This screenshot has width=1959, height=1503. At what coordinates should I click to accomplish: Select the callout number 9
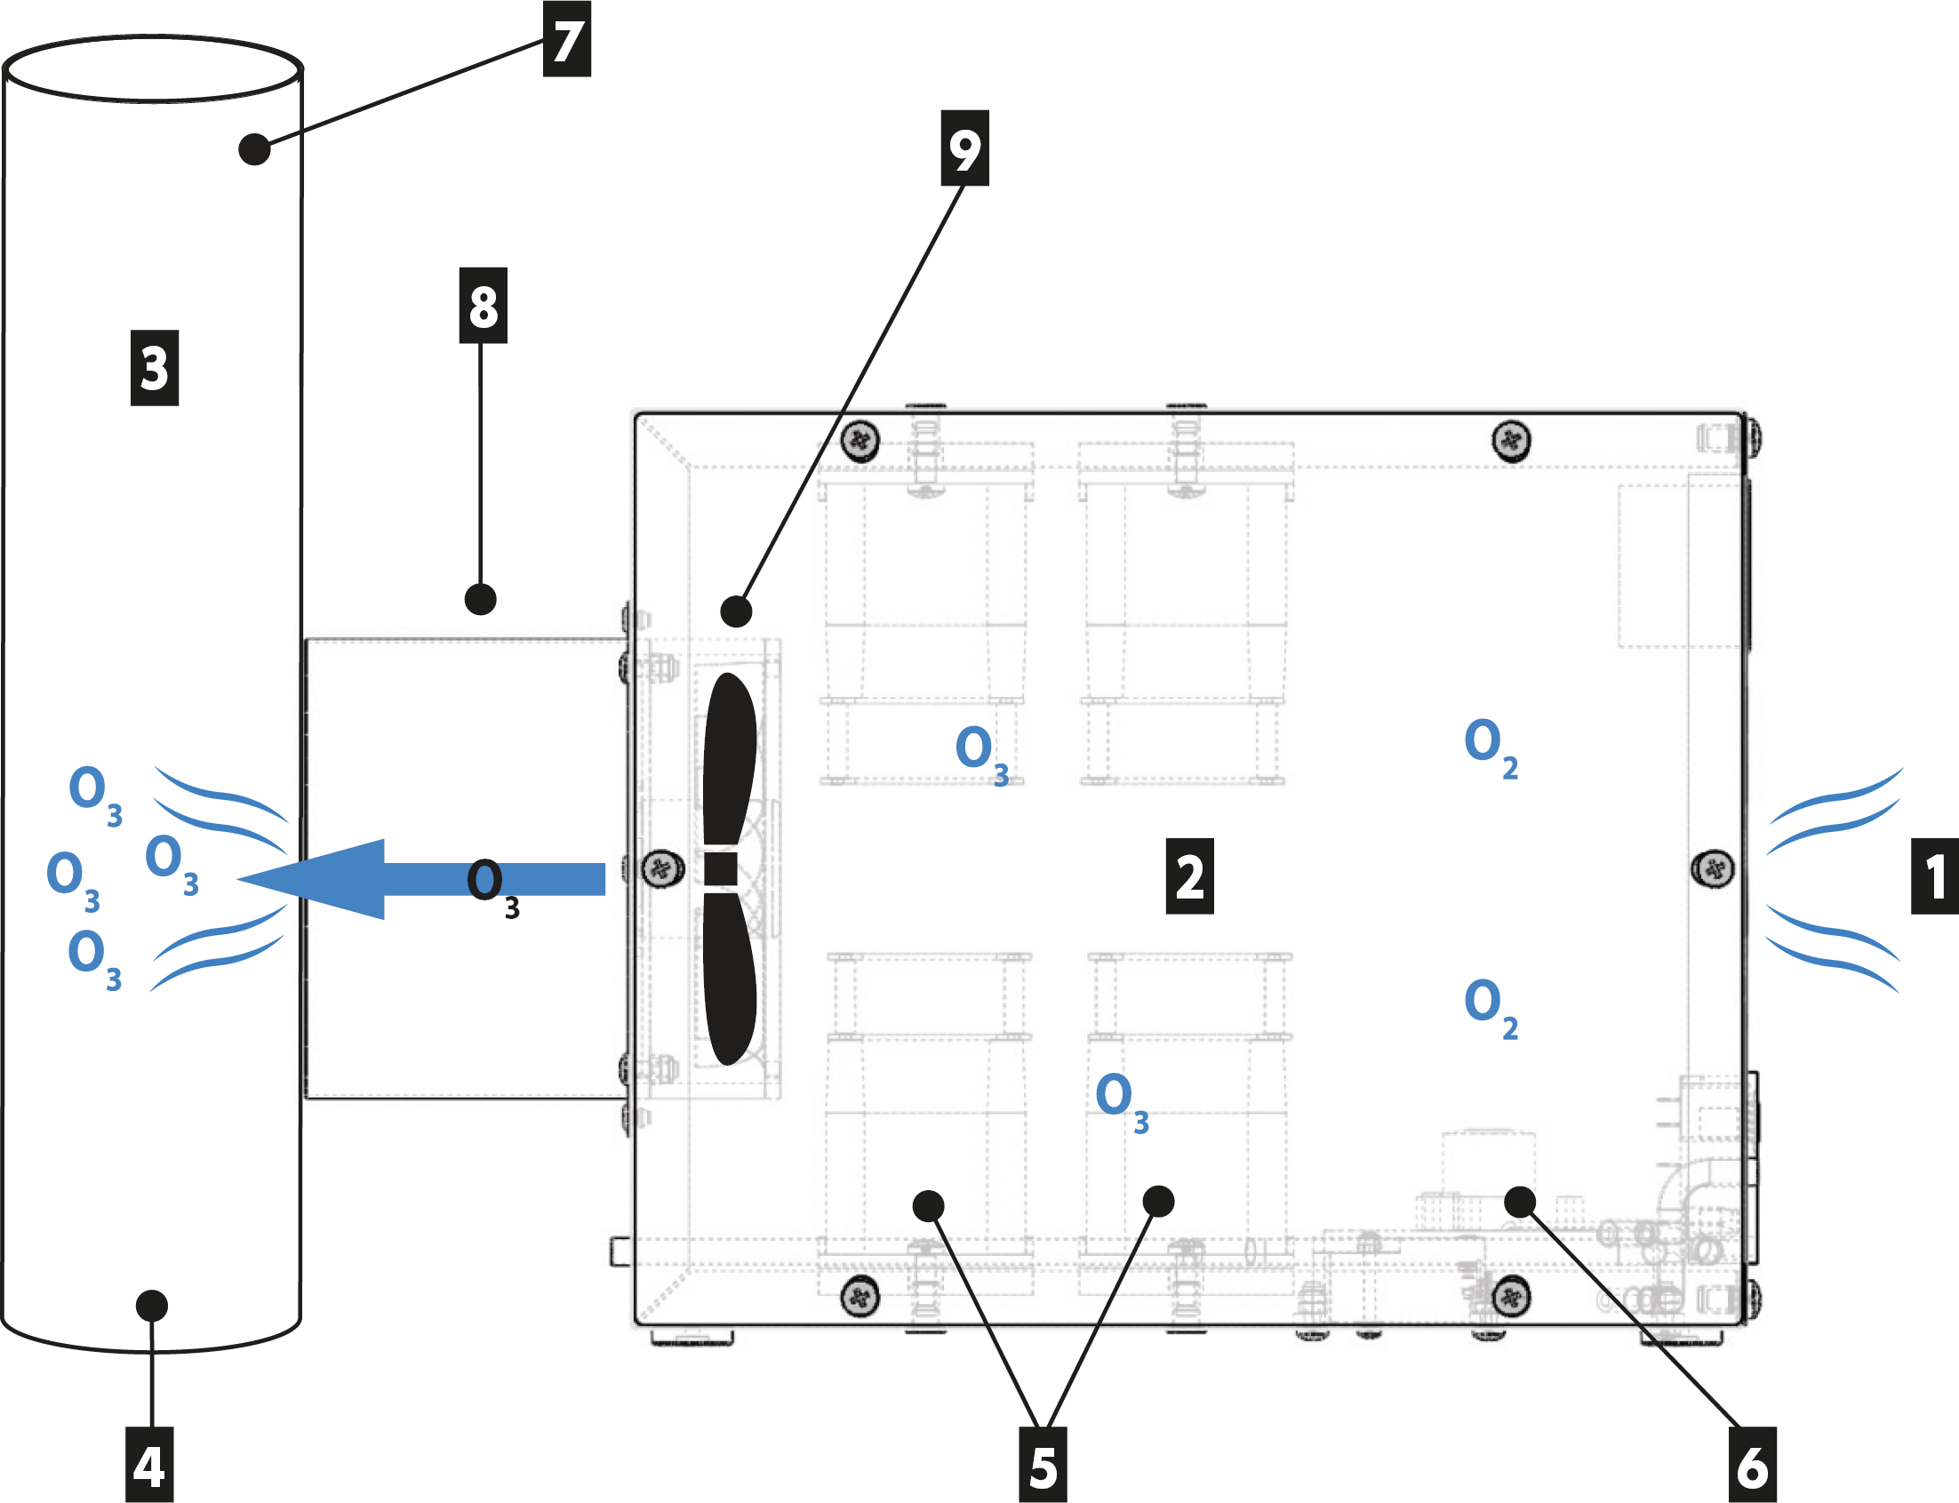click(x=964, y=148)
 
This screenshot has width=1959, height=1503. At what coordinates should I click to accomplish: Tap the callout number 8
click(x=483, y=306)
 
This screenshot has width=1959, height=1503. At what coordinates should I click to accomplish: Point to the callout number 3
click(x=155, y=368)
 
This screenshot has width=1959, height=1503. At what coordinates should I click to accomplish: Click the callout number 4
click(x=148, y=1467)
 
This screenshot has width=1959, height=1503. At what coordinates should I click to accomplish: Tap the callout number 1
click(x=1934, y=876)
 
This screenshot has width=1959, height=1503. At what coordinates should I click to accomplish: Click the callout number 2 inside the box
click(x=1190, y=876)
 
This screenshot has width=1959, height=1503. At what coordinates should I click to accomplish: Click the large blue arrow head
click(x=313, y=879)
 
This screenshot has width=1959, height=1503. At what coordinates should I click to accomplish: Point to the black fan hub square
click(x=721, y=868)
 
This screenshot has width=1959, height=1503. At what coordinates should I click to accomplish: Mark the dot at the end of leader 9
click(x=736, y=612)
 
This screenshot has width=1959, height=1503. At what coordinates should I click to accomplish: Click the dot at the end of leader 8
click(x=480, y=599)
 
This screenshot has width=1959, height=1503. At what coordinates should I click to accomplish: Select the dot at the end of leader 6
click(x=1520, y=1202)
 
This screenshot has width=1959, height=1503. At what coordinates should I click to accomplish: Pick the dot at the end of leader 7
click(x=255, y=149)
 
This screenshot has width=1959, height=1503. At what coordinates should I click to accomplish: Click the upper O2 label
click(x=1491, y=748)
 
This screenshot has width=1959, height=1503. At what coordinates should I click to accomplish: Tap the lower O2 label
click(x=1491, y=1007)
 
